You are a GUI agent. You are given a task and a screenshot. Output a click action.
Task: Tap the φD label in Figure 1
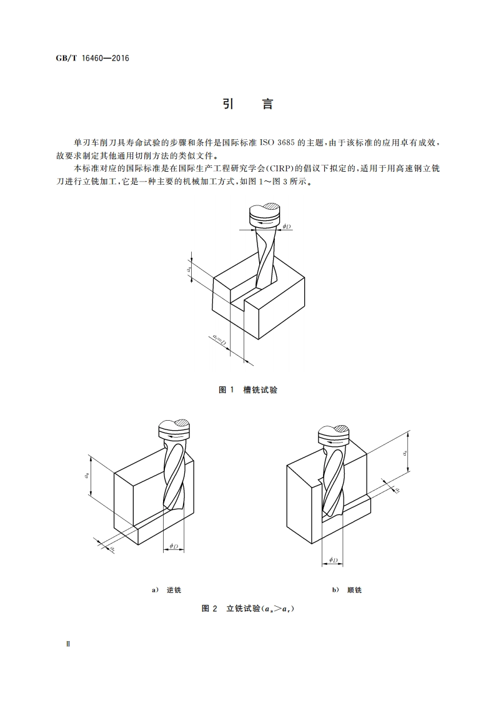point(287,226)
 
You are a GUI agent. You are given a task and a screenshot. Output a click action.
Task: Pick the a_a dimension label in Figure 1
point(189,270)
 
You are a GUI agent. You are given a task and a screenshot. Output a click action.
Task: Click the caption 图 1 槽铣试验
point(248,390)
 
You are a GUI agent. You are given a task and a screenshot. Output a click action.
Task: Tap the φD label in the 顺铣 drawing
point(332,561)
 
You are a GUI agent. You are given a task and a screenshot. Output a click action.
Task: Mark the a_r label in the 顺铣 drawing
point(397,490)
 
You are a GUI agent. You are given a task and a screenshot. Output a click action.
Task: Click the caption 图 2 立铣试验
point(248,609)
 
